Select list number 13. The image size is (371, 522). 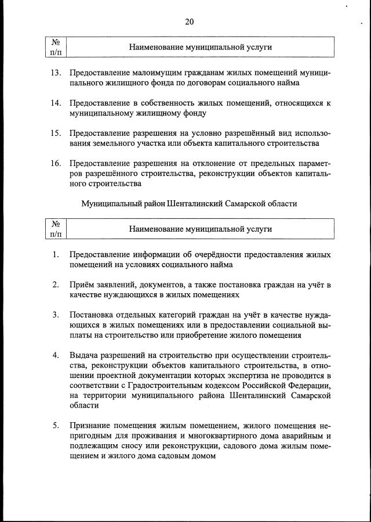(x=56, y=73)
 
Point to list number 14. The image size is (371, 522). (x=56, y=103)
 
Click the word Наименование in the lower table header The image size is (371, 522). (x=155, y=229)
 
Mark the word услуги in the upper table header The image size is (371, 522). (x=259, y=48)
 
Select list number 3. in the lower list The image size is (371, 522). (x=56, y=315)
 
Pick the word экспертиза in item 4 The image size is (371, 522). (x=250, y=375)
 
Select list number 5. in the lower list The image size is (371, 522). (x=56, y=425)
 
